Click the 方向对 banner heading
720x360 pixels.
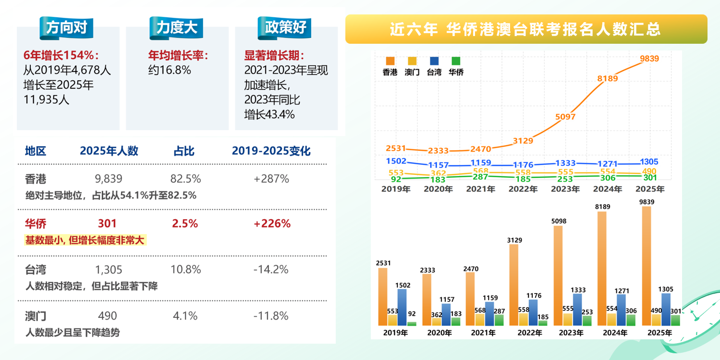66,28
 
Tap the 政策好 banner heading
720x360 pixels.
285,27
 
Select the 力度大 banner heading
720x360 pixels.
176,27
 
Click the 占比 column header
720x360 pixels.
184,151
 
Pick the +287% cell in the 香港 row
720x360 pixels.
271,179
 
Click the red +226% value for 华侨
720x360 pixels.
272,223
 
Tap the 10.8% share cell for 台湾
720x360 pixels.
185,269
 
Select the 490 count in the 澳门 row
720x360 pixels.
107,316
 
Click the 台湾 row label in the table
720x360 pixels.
36,269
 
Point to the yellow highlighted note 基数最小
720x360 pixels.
85,240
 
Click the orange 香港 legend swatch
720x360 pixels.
390,62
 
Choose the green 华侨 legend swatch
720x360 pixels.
456,62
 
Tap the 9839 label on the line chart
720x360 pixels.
649,59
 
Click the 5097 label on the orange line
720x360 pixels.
565,116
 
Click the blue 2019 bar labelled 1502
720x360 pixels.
402,307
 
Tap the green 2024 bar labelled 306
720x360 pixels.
631,320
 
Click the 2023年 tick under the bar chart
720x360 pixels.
571,333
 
